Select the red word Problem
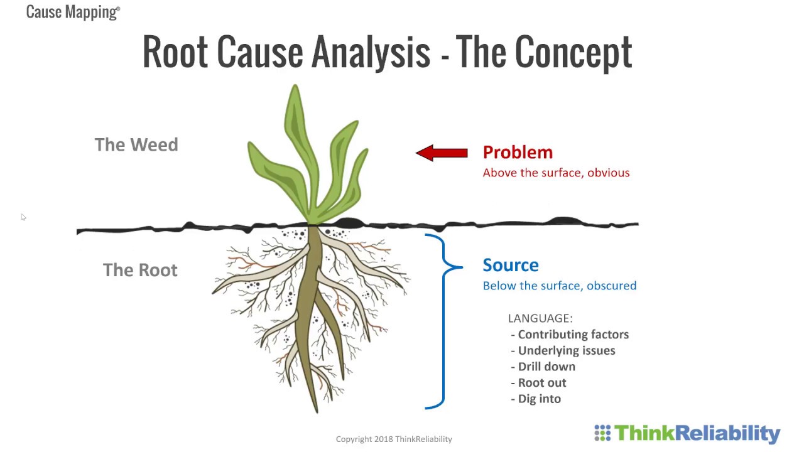pos(518,152)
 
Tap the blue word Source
pos(510,265)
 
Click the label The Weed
pos(136,144)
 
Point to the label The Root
pos(140,270)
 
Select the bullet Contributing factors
pos(573,335)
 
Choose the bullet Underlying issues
pos(566,350)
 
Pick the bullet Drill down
pos(546,367)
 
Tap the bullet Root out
pos(541,382)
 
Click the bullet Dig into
pos(539,399)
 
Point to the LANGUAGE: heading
pos(540,318)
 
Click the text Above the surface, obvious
pos(556,173)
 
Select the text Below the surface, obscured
pos(559,286)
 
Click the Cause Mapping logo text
pos(73,11)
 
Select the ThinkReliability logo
pos(687,433)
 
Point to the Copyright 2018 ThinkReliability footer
pos(394,439)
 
